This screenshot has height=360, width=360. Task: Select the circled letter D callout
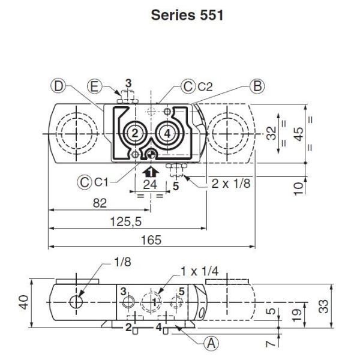pyautogui.click(x=57, y=86)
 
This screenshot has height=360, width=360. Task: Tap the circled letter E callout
pyautogui.click(x=94, y=86)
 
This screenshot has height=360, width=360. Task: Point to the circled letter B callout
pyautogui.click(x=256, y=86)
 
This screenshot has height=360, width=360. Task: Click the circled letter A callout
pyautogui.click(x=209, y=343)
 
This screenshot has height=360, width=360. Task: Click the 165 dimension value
pyautogui.click(x=152, y=240)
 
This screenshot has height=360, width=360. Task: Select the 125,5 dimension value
pyautogui.click(x=125, y=221)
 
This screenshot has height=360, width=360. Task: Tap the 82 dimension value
pyautogui.click(x=100, y=203)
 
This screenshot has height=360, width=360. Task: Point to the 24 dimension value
pyautogui.click(x=150, y=185)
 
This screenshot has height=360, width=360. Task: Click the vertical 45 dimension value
pyautogui.click(x=298, y=136)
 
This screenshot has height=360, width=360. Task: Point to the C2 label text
pyautogui.click(x=205, y=87)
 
